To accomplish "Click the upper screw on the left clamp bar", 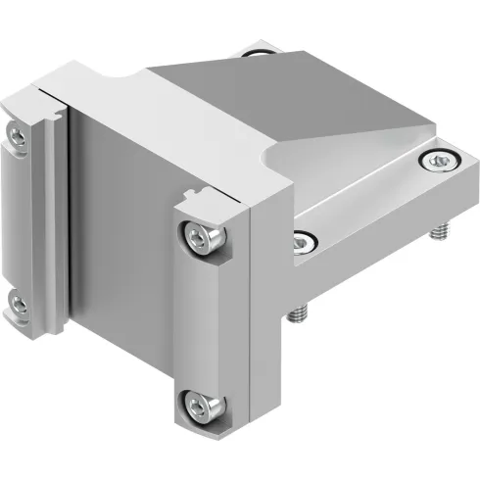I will point(16,131).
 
